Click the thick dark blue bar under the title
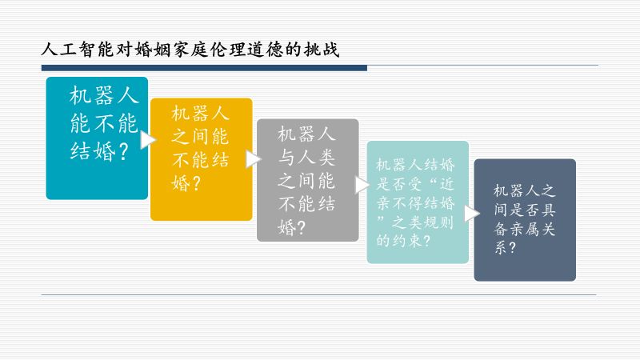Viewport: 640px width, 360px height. pos(204,68)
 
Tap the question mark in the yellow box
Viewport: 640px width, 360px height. pos(196,184)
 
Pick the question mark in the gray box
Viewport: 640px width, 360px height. pos(302,228)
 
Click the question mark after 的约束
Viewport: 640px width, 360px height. pos(427,241)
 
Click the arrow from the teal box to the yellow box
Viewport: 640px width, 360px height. pos(148,139)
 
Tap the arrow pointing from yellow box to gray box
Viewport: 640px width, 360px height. pos(254,159)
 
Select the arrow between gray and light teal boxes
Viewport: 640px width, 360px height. pos(362,185)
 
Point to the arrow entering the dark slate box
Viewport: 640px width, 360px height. pos(471,213)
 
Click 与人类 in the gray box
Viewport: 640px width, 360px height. pos(306,158)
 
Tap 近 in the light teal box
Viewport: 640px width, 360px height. pos(446,185)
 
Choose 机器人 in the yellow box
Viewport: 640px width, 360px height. pos(200,113)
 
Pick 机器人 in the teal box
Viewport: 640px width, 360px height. pos(104,96)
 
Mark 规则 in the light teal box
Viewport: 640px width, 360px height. pos(438,222)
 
